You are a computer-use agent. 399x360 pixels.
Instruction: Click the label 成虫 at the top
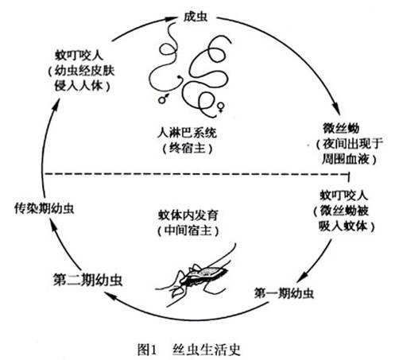point(196,17)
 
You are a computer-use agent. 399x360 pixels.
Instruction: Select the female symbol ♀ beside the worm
point(221,106)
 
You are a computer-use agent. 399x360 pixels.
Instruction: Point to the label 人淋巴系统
point(187,133)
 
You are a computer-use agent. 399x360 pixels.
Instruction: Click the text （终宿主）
point(188,148)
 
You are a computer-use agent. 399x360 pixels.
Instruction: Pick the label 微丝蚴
point(341,128)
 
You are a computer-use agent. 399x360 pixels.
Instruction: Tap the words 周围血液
point(345,159)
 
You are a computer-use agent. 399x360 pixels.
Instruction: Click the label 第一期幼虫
point(284,293)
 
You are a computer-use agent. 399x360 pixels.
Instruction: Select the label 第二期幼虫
point(87,280)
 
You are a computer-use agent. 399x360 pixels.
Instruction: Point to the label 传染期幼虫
point(45,209)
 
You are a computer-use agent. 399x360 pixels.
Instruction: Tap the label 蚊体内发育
point(188,215)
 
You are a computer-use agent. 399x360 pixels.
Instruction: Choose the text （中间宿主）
point(188,230)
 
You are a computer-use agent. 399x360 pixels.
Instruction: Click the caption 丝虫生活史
point(207,349)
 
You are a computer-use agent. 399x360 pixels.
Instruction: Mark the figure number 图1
point(147,350)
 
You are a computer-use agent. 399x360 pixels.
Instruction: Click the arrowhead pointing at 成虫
point(170,18)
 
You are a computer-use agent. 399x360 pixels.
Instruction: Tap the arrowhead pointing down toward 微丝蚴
point(336,109)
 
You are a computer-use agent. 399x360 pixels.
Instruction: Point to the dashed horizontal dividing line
point(196,174)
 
